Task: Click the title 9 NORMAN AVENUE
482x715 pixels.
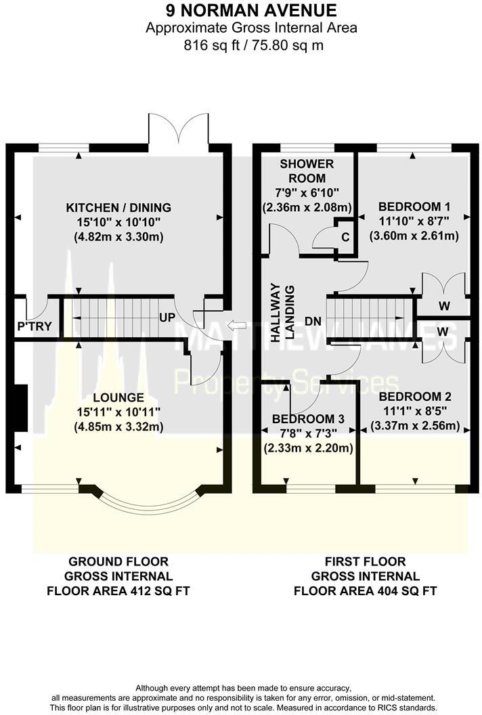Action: [241, 10]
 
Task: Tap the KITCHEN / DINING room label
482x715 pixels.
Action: [118, 207]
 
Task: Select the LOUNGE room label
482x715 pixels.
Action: [118, 397]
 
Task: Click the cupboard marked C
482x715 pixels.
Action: [345, 237]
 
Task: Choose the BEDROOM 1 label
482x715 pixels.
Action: [414, 207]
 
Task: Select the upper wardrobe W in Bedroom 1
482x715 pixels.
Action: [444, 306]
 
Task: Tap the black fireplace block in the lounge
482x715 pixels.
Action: [20, 408]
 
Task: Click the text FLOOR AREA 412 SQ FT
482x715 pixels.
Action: [118, 590]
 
